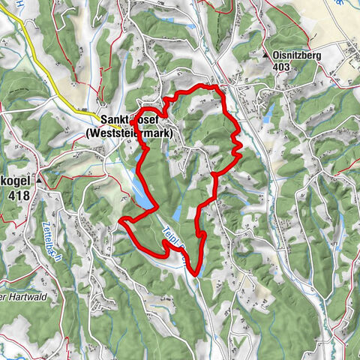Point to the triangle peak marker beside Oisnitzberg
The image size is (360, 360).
265,55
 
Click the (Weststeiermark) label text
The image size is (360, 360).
130,133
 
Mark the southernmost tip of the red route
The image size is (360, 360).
194,274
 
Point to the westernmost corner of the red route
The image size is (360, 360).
121,220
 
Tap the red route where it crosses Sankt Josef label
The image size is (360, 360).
133,122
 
